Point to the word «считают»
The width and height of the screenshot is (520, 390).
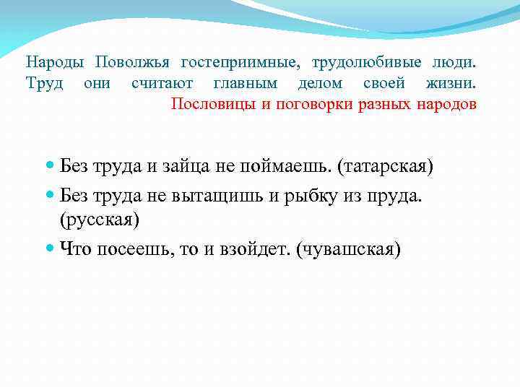(x=162, y=83)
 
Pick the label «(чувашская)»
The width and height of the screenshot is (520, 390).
(x=348, y=248)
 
